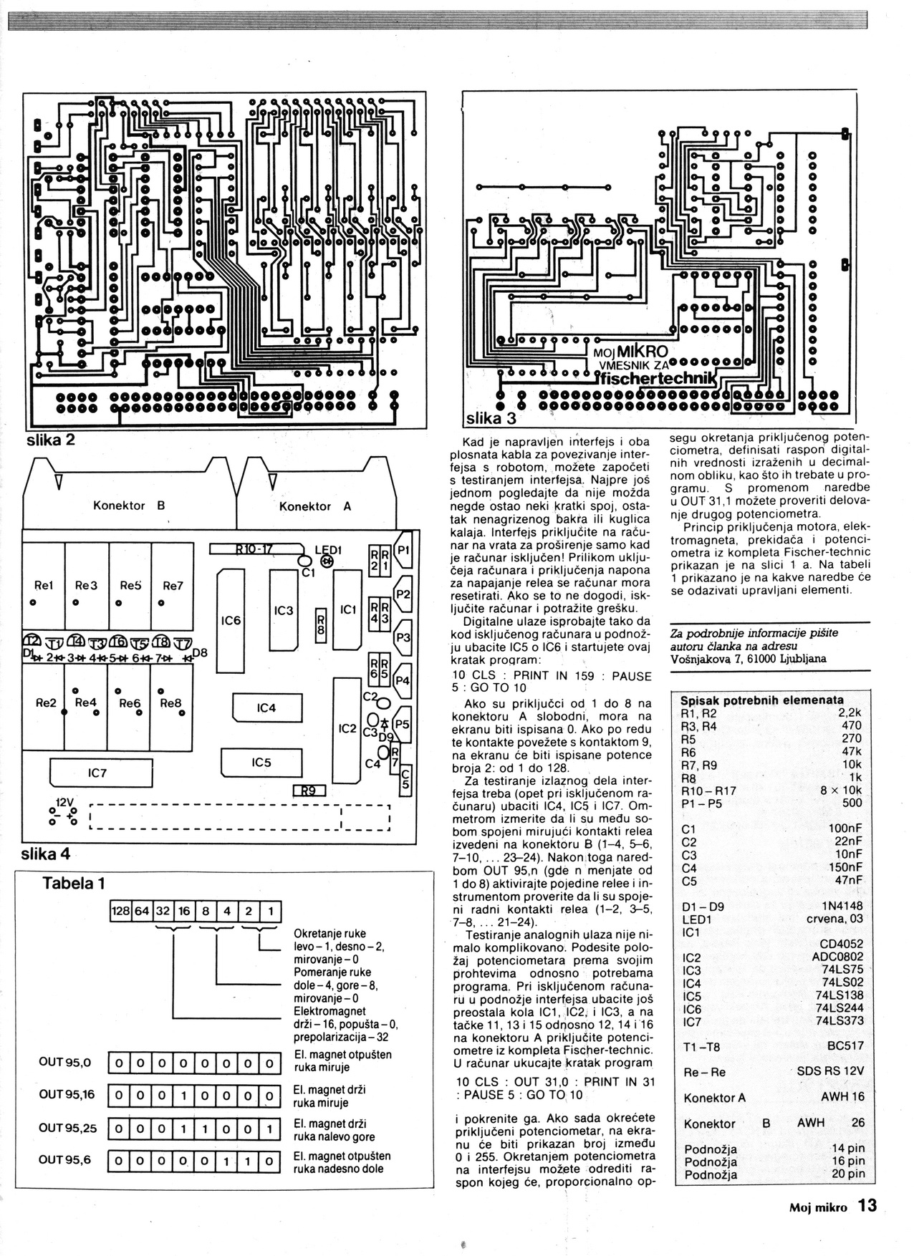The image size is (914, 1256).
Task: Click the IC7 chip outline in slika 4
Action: [97, 773]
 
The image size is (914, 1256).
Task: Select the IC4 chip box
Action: [266, 708]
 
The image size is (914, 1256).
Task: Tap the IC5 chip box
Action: [261, 763]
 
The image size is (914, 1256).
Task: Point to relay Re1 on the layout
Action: [44, 585]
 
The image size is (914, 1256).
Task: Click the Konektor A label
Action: [314, 506]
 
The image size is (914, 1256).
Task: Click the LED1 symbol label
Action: [329, 550]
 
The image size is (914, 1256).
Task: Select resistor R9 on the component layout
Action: [309, 791]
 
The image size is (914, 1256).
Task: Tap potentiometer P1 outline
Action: [403, 550]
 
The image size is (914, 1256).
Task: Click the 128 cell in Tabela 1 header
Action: [120, 911]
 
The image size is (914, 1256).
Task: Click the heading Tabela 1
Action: [74, 883]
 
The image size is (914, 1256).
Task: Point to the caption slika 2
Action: [51, 440]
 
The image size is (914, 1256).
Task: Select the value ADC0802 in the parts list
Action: [837, 957]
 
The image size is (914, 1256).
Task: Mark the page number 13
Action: [867, 1206]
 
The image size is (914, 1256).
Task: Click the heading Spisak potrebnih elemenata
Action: [761, 700]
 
